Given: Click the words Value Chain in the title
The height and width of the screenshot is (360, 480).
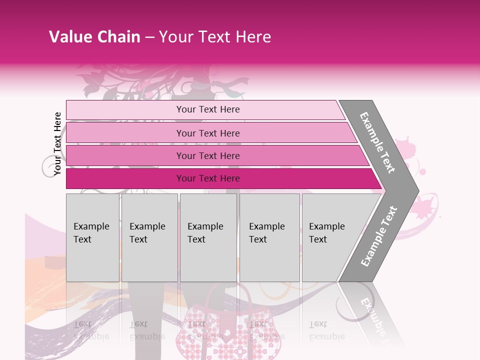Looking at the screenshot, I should pos(94,37).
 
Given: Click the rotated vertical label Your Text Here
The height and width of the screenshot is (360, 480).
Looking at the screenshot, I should pos(57,143).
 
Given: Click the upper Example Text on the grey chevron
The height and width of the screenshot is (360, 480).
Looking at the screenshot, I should pos(377,142).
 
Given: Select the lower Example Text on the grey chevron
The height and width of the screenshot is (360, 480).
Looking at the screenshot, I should pos(379,236).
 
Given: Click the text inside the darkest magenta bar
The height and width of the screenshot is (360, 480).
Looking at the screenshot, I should pos(208,178).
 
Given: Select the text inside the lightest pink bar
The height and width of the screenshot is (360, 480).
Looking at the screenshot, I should pos(208,109).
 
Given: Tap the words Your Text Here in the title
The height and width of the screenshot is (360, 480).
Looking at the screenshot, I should pos(215,37).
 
